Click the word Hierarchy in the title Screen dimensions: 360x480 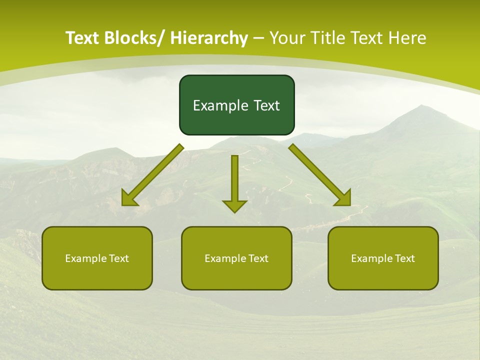(x=209, y=38)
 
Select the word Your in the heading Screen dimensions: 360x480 (x=286, y=38)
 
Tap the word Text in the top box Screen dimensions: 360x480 (x=266, y=105)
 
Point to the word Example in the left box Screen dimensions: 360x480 (x=83, y=258)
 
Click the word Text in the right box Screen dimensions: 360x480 (x=404, y=258)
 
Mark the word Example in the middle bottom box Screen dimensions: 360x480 (x=222, y=258)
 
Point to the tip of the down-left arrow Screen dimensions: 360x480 (x=123, y=205)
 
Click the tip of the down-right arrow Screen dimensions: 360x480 (x=350, y=205)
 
